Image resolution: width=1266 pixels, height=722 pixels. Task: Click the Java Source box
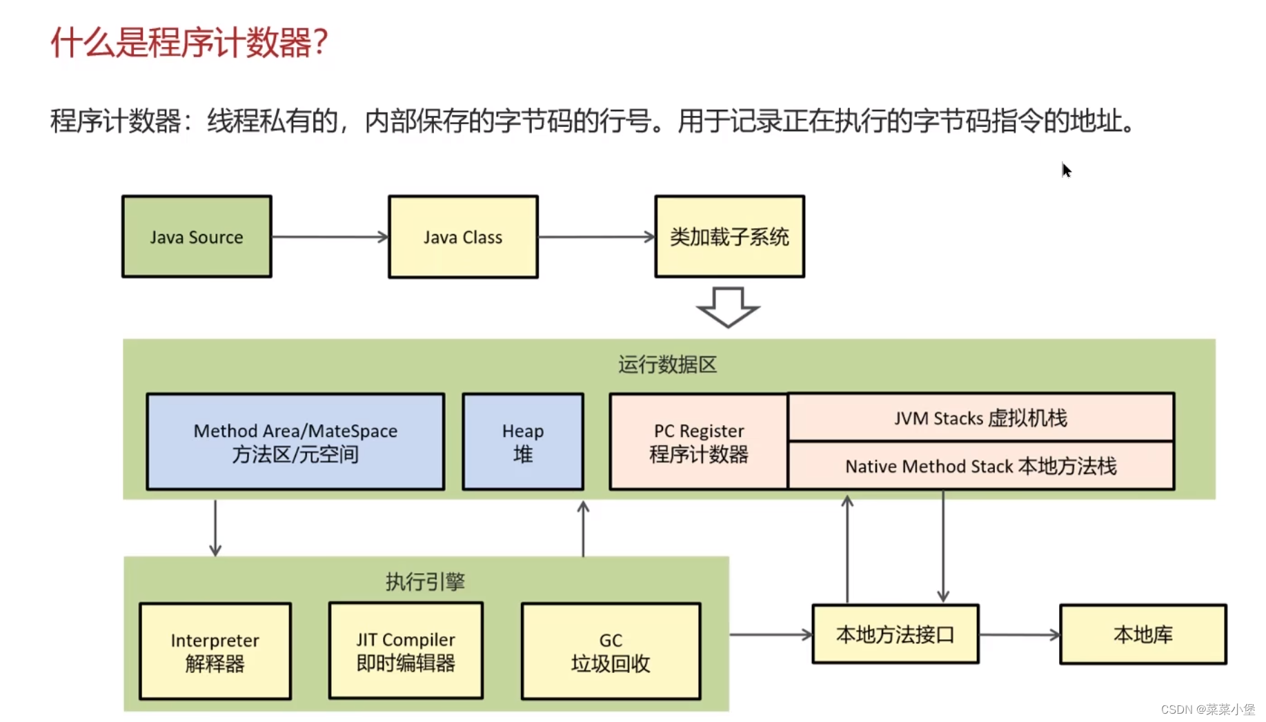click(x=197, y=237)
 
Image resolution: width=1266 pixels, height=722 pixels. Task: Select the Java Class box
click(x=463, y=237)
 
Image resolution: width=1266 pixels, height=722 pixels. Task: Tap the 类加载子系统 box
click(x=729, y=237)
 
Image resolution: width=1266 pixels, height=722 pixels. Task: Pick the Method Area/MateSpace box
click(x=295, y=442)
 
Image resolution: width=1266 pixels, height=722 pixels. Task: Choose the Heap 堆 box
click(x=523, y=442)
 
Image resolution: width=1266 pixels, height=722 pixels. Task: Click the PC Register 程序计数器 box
click(x=698, y=442)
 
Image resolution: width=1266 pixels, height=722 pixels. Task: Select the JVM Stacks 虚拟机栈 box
click(x=980, y=418)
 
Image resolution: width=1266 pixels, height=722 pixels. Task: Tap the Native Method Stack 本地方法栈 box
click(x=980, y=466)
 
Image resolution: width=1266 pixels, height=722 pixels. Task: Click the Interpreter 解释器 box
click(x=215, y=651)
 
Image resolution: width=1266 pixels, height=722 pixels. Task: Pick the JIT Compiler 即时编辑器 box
click(x=406, y=650)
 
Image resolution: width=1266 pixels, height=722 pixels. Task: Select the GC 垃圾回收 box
click(x=611, y=651)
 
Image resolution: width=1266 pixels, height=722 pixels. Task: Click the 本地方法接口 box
click(x=895, y=634)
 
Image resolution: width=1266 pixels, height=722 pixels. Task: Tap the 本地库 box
click(x=1143, y=634)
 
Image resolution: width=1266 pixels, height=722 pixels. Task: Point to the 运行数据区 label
click(x=667, y=364)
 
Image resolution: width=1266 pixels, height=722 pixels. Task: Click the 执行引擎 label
click(x=425, y=581)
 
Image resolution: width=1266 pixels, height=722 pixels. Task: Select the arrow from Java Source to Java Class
click(x=330, y=237)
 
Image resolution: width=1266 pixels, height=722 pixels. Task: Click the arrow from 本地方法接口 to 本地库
click(x=1019, y=634)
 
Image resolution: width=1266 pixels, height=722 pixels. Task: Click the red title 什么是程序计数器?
click(x=189, y=43)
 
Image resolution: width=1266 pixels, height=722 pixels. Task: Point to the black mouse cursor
click(x=1066, y=170)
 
